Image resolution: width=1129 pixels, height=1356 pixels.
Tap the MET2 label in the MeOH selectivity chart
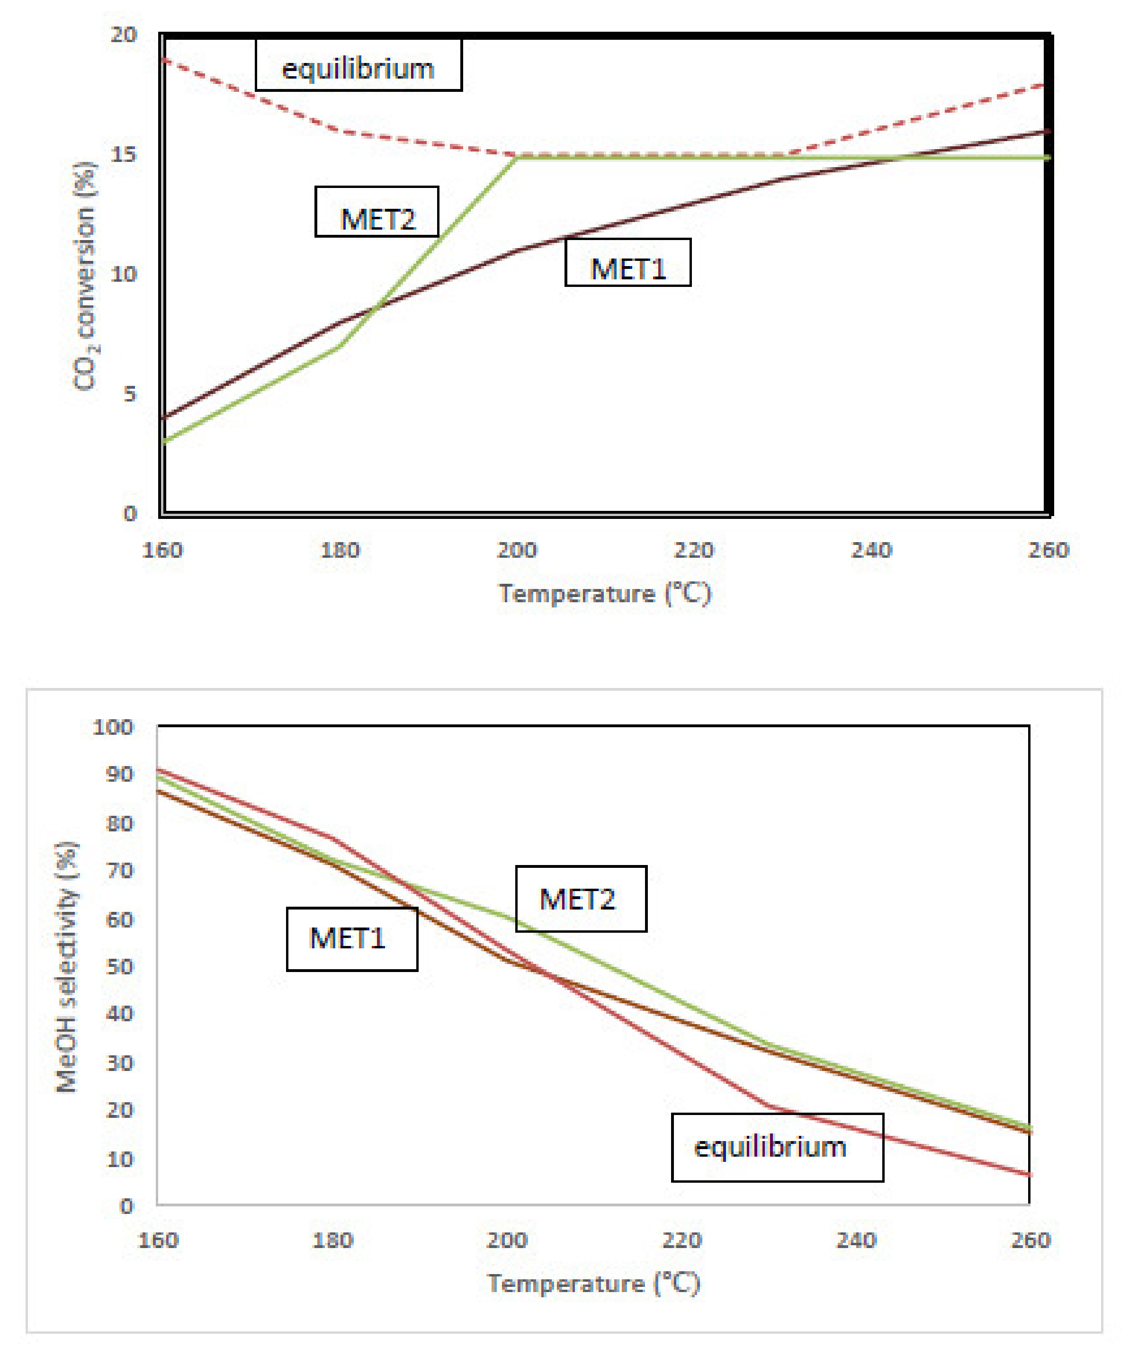(x=581, y=899)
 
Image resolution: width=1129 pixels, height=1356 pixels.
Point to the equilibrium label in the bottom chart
(x=777, y=1147)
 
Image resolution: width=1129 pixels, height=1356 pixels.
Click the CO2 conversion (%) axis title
(x=85, y=277)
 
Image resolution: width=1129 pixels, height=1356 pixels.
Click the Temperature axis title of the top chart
(x=605, y=592)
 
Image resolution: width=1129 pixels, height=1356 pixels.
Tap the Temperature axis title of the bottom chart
(x=593, y=1283)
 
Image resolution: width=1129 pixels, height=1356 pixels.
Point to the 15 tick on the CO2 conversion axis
(x=123, y=154)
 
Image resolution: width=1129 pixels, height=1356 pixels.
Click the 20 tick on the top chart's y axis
(x=123, y=34)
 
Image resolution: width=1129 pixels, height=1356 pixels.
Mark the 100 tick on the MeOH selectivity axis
(x=113, y=727)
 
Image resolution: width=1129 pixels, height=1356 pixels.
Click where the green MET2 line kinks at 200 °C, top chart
(x=517, y=158)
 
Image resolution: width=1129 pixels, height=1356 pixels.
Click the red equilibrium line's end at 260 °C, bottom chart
(x=1028, y=1175)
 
